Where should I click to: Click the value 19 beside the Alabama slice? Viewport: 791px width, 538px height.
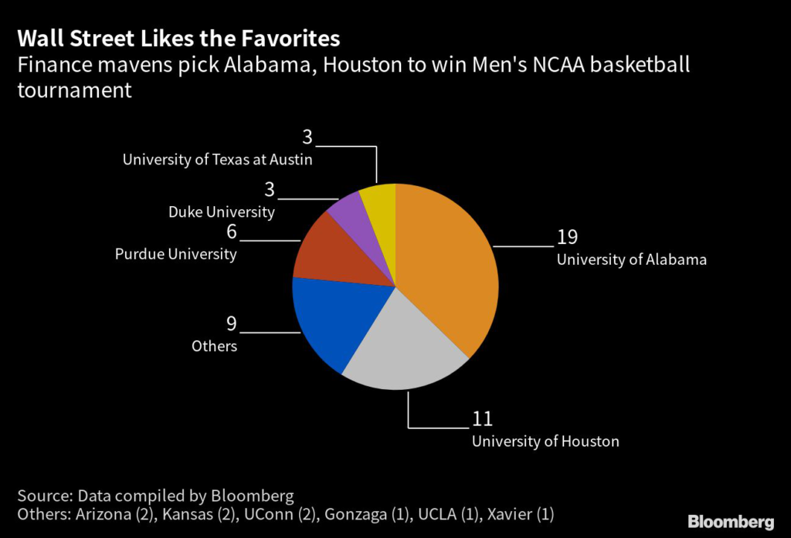pyautogui.click(x=567, y=238)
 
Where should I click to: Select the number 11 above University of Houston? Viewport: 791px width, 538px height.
pyautogui.click(x=482, y=419)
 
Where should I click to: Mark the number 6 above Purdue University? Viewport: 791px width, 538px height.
pyautogui.click(x=231, y=232)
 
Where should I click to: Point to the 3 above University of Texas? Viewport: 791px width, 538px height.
pyautogui.click(x=307, y=138)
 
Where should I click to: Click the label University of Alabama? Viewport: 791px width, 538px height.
pyautogui.click(x=631, y=259)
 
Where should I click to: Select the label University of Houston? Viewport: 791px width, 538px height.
pyautogui.click(x=545, y=442)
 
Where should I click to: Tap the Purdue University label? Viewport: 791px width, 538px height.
pyautogui.click(x=176, y=253)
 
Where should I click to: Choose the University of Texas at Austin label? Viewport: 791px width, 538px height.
pyautogui.click(x=217, y=160)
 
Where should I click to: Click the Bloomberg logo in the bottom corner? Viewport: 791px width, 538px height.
pyautogui.click(x=731, y=521)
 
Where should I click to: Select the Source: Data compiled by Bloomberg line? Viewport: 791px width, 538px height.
pyautogui.click(x=155, y=496)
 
